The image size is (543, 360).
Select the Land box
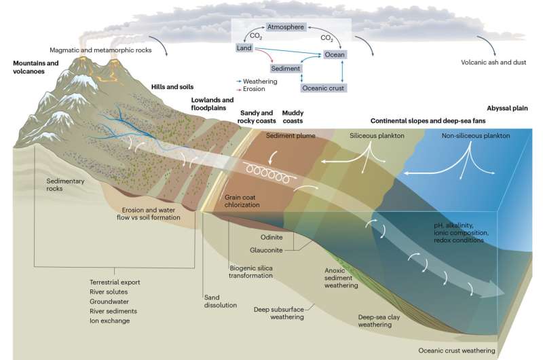coord(244,48)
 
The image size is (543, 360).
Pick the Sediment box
coord(285,69)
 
